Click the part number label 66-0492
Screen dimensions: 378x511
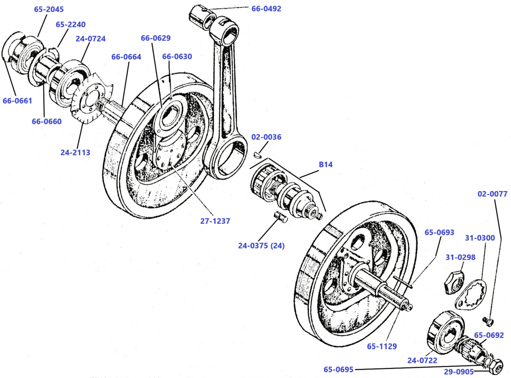(x=266, y=8)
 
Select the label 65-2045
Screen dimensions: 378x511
(x=49, y=9)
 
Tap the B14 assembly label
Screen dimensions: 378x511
(x=325, y=165)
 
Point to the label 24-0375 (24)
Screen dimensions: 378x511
(x=261, y=245)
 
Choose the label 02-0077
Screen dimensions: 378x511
(x=492, y=194)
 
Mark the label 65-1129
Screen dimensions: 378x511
(x=382, y=346)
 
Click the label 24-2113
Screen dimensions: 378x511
(x=75, y=152)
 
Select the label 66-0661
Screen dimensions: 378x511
(x=17, y=101)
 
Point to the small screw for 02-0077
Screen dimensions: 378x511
(x=489, y=321)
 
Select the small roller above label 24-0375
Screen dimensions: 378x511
(x=279, y=217)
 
